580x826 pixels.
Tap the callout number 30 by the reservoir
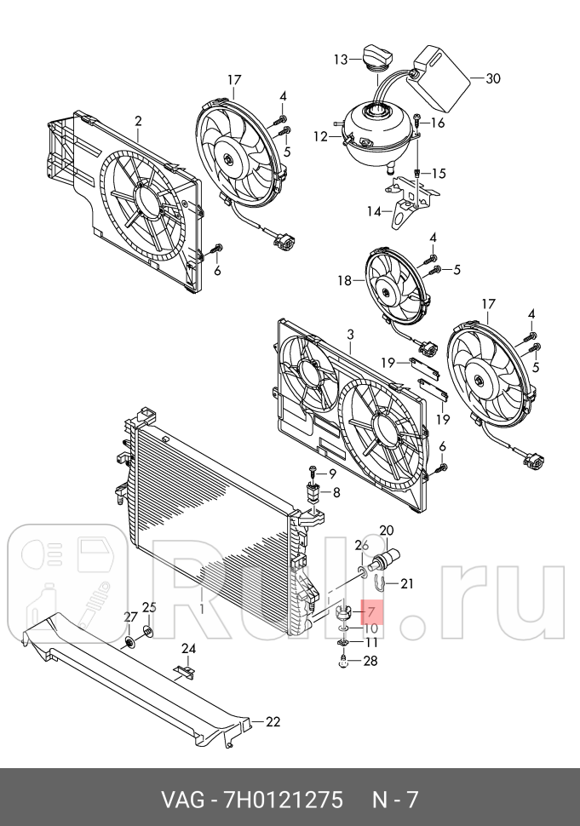(x=492, y=78)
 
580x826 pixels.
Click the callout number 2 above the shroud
(x=138, y=121)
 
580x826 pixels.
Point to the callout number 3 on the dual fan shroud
(x=350, y=336)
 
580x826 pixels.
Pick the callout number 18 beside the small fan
(x=344, y=280)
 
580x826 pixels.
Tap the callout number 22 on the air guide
(x=272, y=722)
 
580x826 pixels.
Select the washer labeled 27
(x=129, y=640)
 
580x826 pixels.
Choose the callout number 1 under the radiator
(x=202, y=609)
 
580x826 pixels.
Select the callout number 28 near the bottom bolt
(x=369, y=661)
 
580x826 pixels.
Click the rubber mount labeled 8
(x=313, y=493)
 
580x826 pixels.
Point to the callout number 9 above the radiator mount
(x=331, y=473)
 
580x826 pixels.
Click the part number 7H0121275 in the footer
(x=282, y=800)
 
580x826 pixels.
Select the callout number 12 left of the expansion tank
(x=320, y=136)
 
